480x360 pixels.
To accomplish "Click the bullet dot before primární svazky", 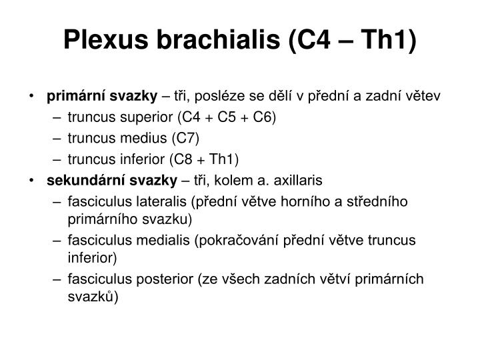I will coord(33,97).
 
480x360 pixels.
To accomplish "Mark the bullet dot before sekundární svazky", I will coord(33,180).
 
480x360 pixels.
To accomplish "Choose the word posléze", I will coord(238,97).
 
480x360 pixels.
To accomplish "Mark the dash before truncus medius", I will coord(57,138).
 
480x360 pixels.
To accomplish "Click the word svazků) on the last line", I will coord(93,297).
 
